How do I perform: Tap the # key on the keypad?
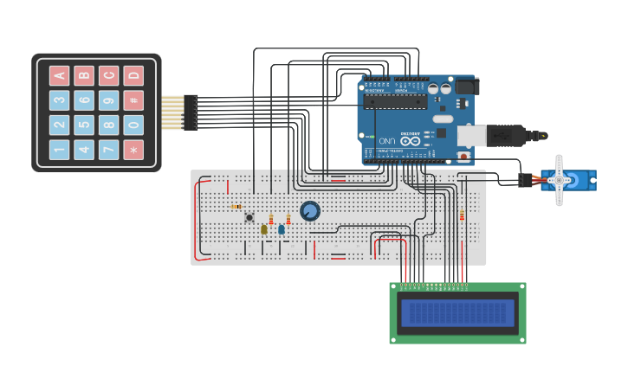tap(133, 100)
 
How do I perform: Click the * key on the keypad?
tap(133, 150)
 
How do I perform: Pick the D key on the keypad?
tap(133, 75)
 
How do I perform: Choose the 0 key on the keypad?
tap(133, 125)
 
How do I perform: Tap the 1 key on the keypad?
tap(59, 150)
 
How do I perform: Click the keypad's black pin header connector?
tap(191, 112)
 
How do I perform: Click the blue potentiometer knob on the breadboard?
tap(309, 210)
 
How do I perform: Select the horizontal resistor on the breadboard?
tap(236, 207)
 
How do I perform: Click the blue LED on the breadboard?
tap(282, 229)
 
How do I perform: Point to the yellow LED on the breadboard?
tap(264, 229)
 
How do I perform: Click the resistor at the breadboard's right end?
tap(462, 215)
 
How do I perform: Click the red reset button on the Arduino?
tap(463, 157)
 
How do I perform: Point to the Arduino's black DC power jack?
tap(466, 86)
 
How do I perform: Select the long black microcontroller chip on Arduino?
tap(394, 102)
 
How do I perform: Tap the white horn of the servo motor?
tap(559, 180)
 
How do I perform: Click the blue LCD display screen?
tap(457, 313)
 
